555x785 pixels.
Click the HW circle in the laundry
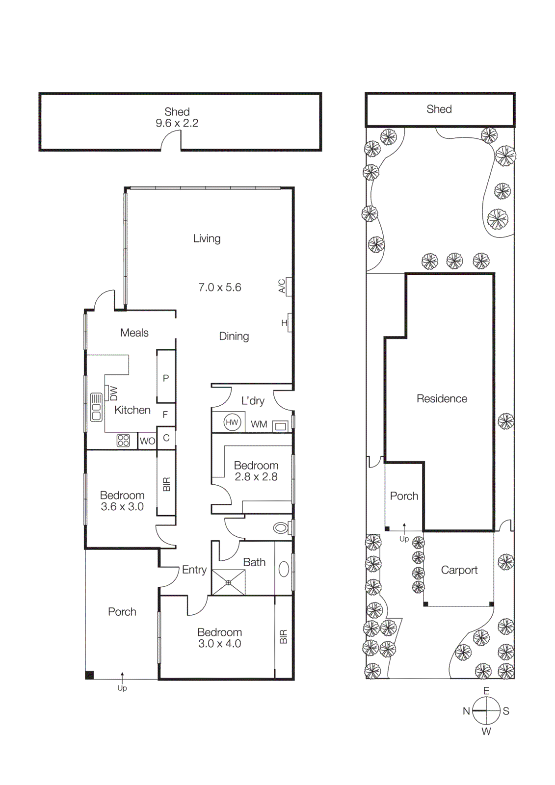coord(232,422)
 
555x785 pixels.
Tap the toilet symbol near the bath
coord(281,528)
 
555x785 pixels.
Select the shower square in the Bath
coord(228,582)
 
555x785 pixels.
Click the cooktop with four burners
coord(123,440)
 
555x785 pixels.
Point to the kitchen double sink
coord(96,407)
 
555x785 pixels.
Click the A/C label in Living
coord(282,286)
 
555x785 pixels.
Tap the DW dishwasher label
coord(114,393)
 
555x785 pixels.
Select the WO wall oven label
coord(147,441)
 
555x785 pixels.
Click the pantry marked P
coord(166,378)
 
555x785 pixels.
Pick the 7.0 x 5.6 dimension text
coord(219,288)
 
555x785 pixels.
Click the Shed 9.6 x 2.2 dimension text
coord(177,124)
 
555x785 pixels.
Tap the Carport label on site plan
coord(459,570)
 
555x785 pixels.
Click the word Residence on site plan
coord(442,398)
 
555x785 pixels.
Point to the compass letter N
coord(466,711)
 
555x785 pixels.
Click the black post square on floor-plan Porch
coord(89,675)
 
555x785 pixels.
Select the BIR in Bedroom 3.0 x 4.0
coord(283,637)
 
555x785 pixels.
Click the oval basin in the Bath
coord(284,569)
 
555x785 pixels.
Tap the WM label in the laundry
coord(259,424)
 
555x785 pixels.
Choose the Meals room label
coord(134,333)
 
